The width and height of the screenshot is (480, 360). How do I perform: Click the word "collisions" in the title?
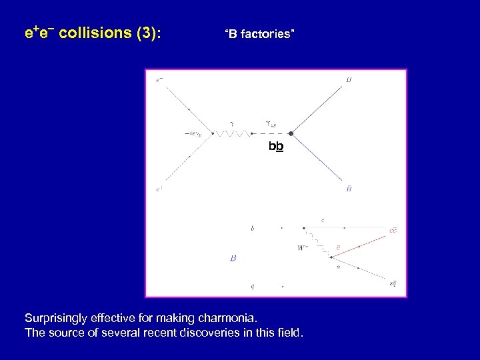[x=95, y=33]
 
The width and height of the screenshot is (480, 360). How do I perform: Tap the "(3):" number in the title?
[x=148, y=33]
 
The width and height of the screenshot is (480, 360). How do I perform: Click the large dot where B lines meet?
[x=291, y=133]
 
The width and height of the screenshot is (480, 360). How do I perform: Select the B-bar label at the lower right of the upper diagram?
[x=349, y=189]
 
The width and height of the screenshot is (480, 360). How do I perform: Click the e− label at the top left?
[x=159, y=81]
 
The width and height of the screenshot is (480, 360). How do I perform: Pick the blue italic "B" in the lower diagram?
[x=233, y=257]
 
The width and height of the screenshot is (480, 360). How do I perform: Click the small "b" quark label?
[x=252, y=229]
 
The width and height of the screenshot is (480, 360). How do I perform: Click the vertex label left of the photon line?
[x=197, y=133]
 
